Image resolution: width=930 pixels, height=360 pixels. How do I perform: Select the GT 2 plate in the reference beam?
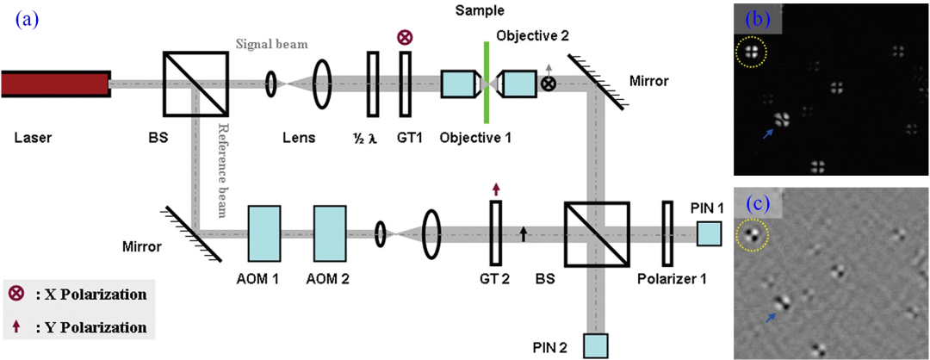(x=495, y=233)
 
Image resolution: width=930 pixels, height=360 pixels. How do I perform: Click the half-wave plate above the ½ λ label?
(x=373, y=84)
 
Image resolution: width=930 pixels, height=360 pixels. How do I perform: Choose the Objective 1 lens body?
(x=462, y=84)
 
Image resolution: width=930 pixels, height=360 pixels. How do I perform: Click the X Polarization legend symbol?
(x=15, y=295)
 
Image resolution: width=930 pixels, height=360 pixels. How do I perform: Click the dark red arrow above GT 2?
(x=495, y=189)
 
